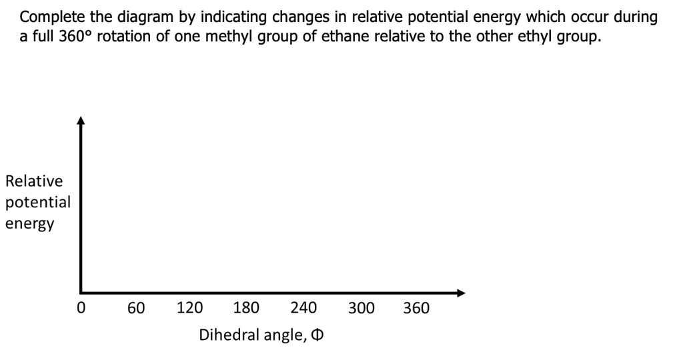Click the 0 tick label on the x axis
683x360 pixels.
[x=81, y=309]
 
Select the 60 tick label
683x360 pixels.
[x=137, y=309]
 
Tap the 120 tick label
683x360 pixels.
[x=190, y=309]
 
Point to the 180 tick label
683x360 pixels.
[x=247, y=309]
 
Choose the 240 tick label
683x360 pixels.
[x=303, y=309]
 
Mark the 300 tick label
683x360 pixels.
[x=361, y=309]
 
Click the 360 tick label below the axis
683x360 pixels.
[x=417, y=309]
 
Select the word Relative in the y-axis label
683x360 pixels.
[x=34, y=181]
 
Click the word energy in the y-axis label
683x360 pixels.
[x=30, y=223]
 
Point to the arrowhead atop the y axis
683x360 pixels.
[x=81, y=121]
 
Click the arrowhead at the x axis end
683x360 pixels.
[x=460, y=292]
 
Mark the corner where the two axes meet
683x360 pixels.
[x=81, y=292]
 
